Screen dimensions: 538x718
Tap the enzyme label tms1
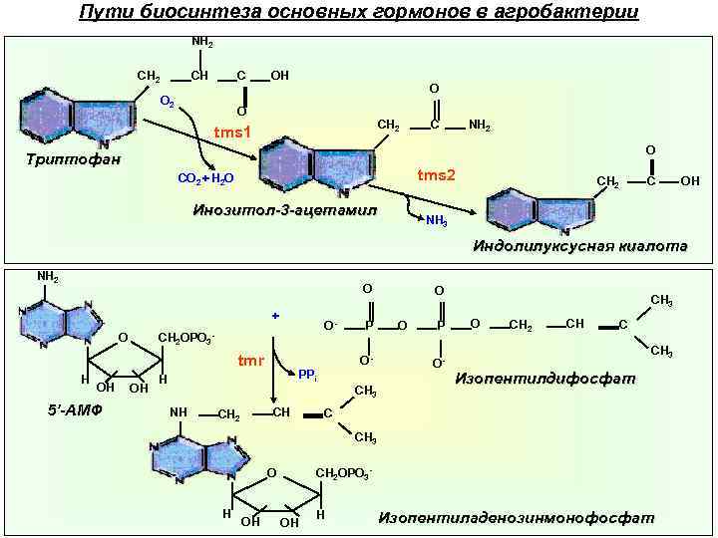[x=232, y=134]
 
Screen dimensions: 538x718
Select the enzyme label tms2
[x=436, y=175]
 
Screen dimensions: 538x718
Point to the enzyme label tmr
[x=249, y=361]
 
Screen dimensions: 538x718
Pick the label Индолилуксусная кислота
[x=579, y=246]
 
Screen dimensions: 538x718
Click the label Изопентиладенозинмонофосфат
[x=516, y=517]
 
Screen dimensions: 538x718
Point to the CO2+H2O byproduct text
[x=205, y=178]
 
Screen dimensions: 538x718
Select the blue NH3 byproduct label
[x=436, y=220]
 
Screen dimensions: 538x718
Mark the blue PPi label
[x=308, y=375]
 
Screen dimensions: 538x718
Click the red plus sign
[x=274, y=315]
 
